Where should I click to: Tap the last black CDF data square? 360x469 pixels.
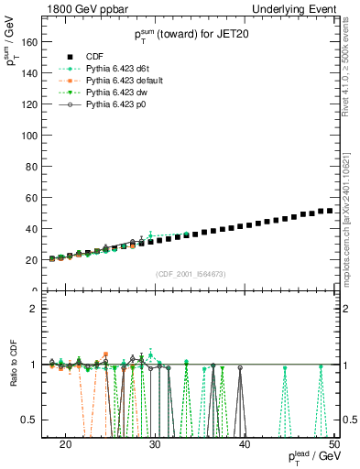point(330,212)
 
